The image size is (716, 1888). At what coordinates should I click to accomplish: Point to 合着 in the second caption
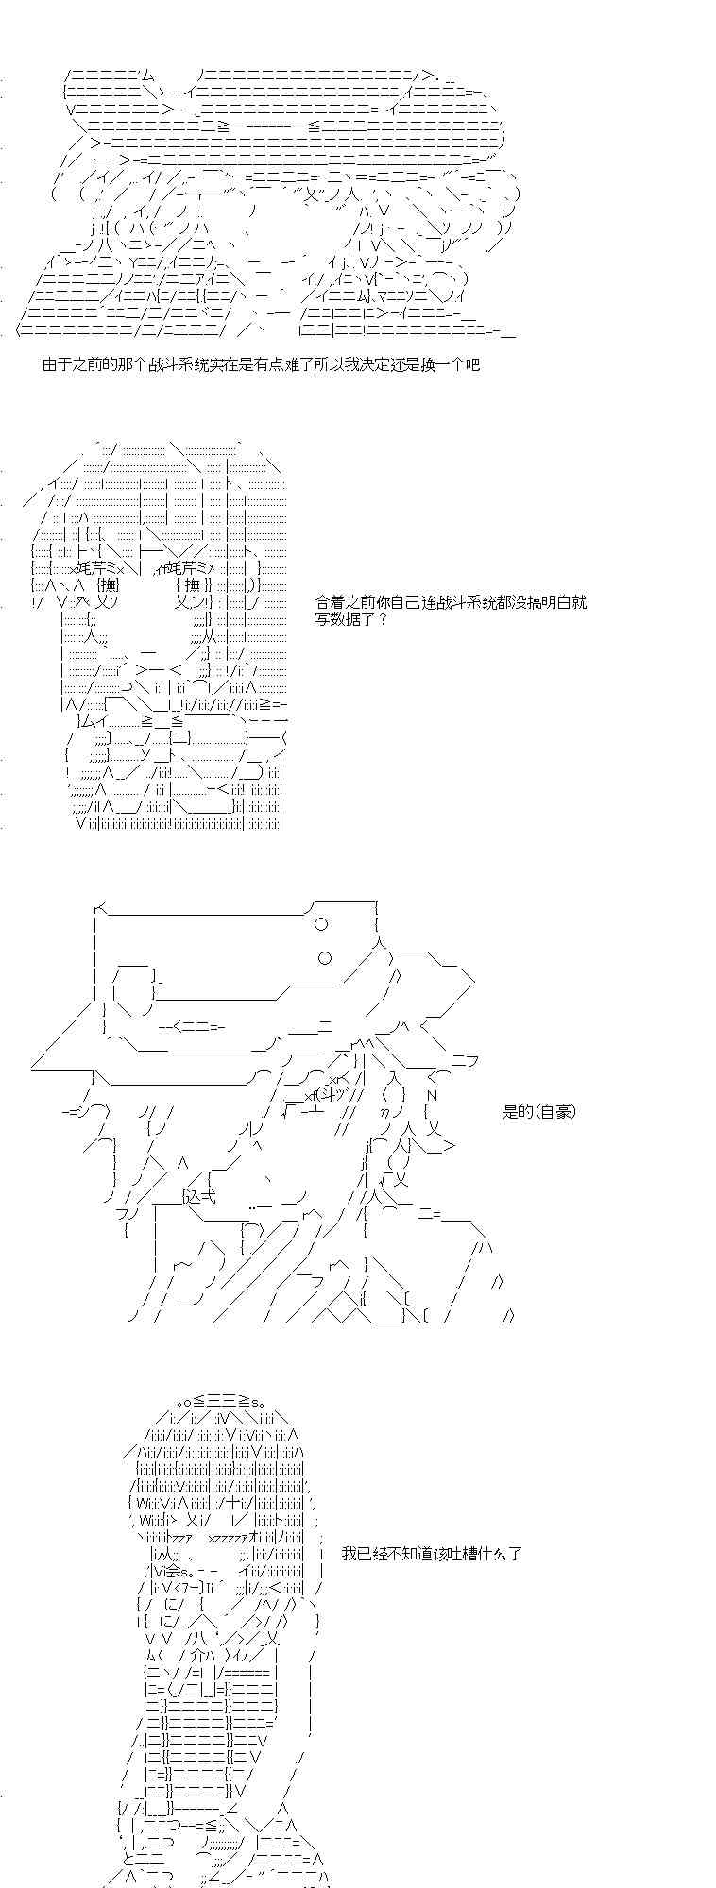[330, 601]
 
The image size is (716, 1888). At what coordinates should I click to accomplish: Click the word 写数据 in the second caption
[337, 618]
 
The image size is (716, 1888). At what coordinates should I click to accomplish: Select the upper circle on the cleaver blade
[321, 924]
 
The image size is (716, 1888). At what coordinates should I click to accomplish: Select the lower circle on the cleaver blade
[325, 958]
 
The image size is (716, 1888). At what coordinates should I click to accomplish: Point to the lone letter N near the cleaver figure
[432, 1095]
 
